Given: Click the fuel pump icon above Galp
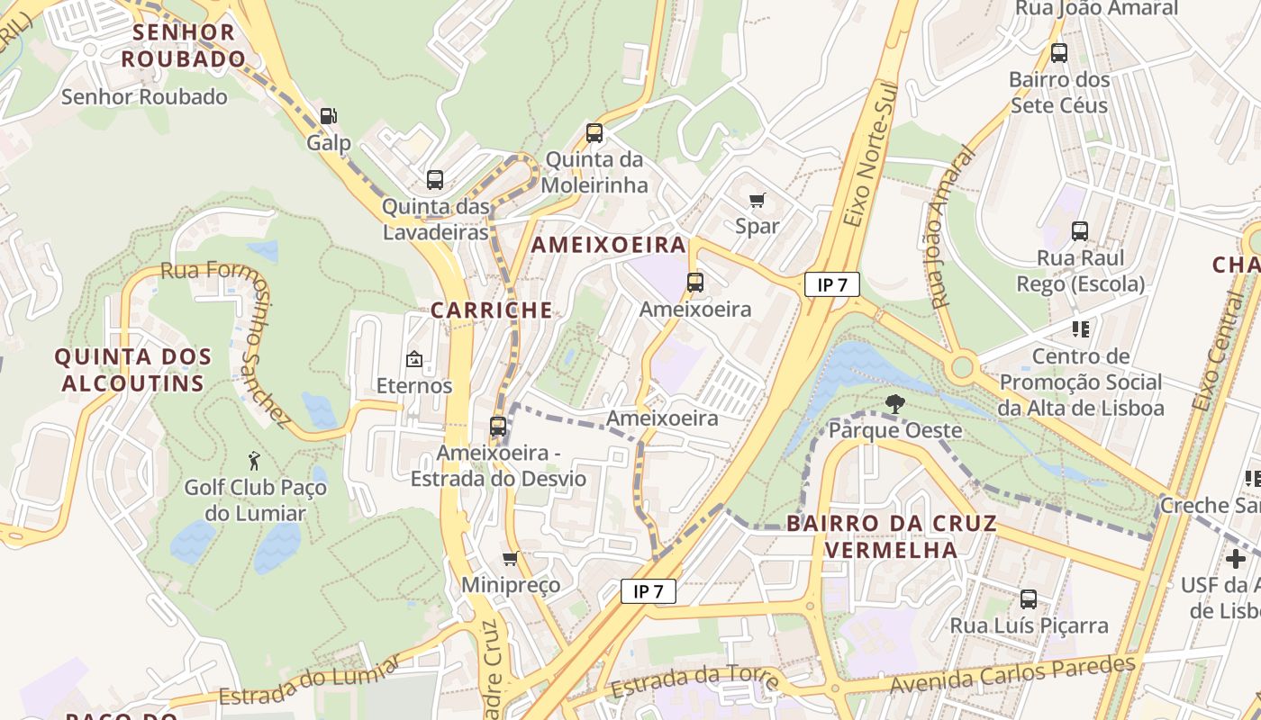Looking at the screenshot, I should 329,116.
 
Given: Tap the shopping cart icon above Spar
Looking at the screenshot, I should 758,200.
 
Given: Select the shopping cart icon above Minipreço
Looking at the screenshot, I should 511,559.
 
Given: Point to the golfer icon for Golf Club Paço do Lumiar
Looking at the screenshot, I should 255,461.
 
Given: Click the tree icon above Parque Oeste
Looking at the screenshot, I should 894,404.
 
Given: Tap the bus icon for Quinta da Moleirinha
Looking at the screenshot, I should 594,133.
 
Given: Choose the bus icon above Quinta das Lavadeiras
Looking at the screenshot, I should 435,180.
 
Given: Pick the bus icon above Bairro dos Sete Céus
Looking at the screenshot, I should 1059,53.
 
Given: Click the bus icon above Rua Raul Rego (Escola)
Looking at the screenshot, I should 1080,231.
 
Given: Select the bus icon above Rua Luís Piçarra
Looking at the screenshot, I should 1029,598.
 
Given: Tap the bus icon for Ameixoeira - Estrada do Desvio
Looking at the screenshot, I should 498,427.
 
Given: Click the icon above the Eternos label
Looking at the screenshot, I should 414,360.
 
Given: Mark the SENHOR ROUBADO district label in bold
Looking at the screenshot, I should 184,46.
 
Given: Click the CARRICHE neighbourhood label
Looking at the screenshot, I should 491,310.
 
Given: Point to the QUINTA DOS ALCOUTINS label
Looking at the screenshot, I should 133,370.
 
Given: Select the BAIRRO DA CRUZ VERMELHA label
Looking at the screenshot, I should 892,536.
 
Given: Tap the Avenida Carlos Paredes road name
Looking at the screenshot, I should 1012,675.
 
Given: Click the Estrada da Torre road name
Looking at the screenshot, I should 694,679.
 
